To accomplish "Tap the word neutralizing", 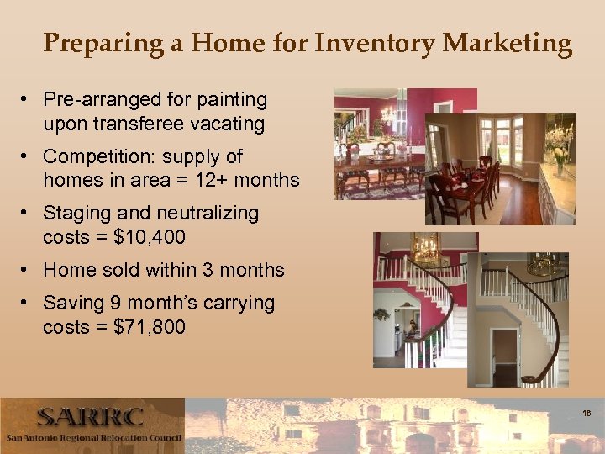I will click(205, 214).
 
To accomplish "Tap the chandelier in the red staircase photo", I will click(427, 250).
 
